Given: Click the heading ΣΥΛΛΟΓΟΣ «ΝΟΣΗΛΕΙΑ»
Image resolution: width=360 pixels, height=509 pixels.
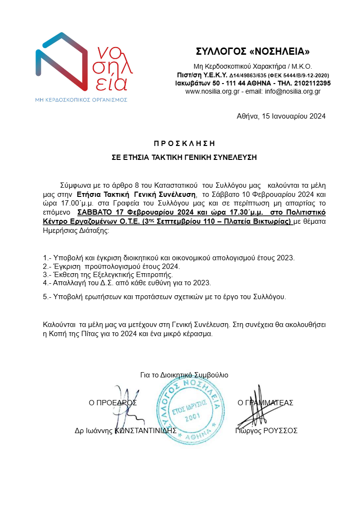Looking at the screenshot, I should pyautogui.click(x=253, y=51).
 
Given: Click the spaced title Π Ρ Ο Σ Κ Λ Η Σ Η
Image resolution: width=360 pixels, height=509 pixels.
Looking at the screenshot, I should pyautogui.click(x=184, y=143).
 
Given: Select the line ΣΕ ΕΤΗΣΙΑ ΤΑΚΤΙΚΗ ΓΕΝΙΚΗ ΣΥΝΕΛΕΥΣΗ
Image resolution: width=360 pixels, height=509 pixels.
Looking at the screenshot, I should pyautogui.click(x=184, y=157).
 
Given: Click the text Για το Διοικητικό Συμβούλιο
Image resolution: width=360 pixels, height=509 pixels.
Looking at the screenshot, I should pyautogui.click(x=184, y=375).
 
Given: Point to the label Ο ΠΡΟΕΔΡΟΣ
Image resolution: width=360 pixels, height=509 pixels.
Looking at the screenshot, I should pyautogui.click(x=113, y=403).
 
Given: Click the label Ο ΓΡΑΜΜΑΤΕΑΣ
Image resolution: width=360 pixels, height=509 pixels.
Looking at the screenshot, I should pyautogui.click(x=265, y=403).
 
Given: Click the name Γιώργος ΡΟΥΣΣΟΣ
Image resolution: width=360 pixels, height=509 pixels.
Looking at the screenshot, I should pyautogui.click(x=266, y=431).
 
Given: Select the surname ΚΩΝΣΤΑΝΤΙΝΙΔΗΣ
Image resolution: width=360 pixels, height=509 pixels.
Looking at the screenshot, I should pyautogui.click(x=146, y=431).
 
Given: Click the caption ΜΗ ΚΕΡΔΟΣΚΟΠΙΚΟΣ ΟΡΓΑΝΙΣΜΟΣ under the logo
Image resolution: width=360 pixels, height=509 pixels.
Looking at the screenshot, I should pyautogui.click(x=81, y=99).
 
